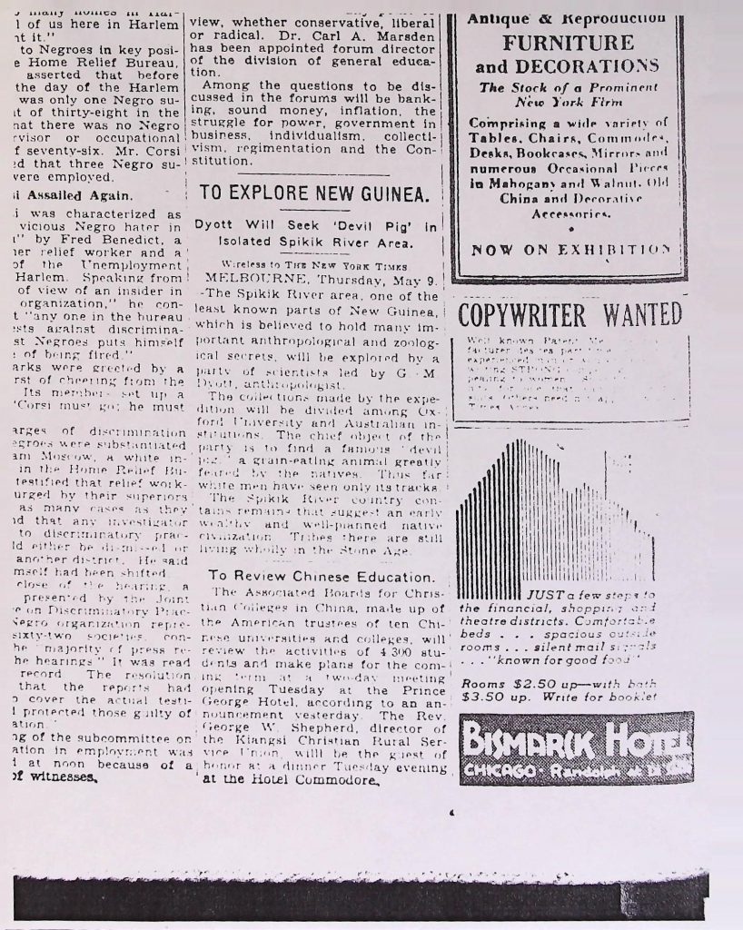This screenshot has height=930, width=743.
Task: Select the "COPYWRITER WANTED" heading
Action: point(570,316)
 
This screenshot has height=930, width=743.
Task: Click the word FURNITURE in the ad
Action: point(569,43)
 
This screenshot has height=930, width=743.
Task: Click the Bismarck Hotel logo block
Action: point(576,749)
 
